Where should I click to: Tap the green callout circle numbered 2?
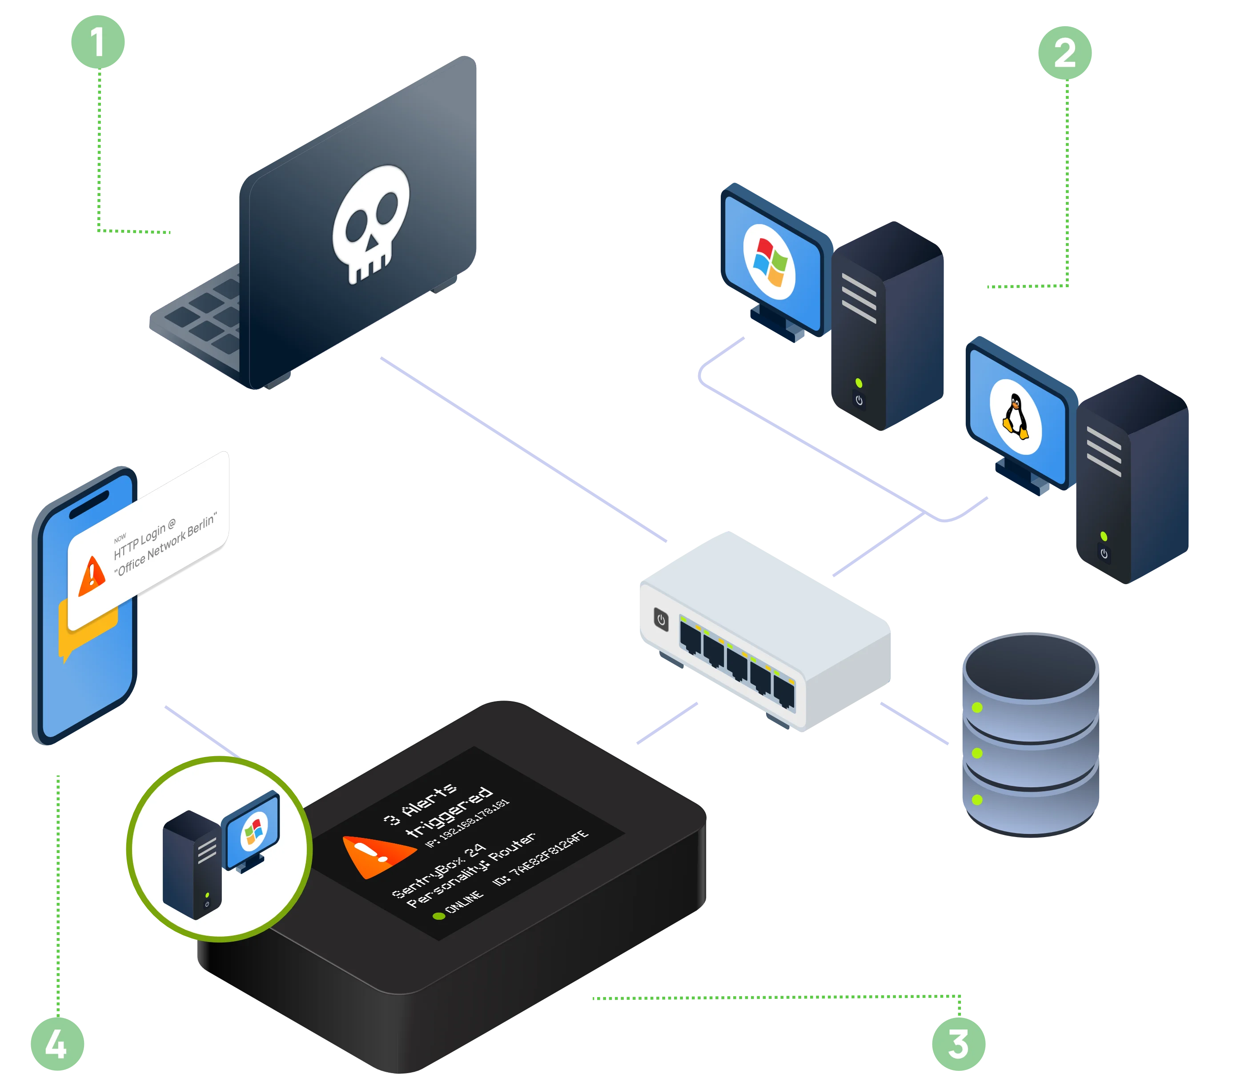click(1064, 52)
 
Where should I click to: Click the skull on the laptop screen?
click(369, 224)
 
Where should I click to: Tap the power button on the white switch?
click(661, 620)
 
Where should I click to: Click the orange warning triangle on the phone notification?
click(92, 575)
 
